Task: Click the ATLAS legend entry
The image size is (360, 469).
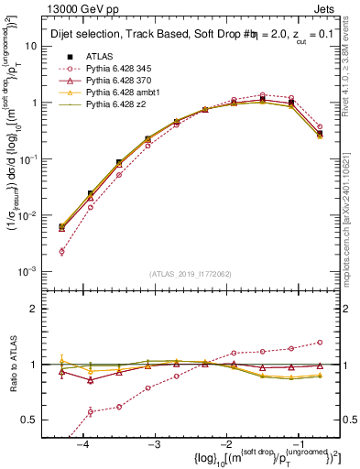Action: (99, 56)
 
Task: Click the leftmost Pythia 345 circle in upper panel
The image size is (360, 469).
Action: (61, 251)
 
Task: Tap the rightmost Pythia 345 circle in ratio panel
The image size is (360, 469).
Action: (320, 343)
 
